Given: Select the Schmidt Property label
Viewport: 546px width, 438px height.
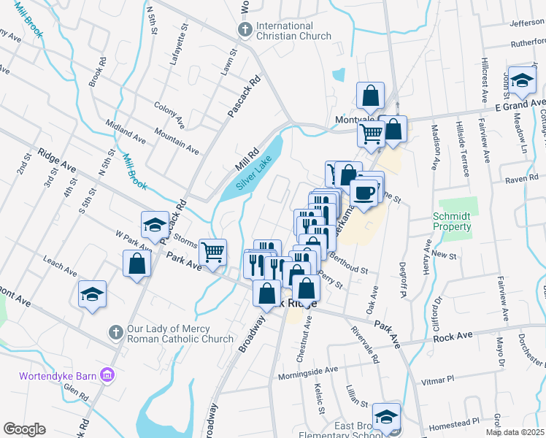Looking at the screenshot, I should click(x=452, y=221).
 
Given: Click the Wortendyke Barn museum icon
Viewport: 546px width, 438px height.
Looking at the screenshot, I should click(x=108, y=375).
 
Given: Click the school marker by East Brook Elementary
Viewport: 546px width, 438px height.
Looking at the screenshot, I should click(x=386, y=416).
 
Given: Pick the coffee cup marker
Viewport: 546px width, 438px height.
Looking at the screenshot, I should click(x=364, y=193).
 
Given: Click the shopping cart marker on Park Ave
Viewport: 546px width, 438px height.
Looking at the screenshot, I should click(x=212, y=253).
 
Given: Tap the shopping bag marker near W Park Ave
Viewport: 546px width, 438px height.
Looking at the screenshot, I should click(x=136, y=264).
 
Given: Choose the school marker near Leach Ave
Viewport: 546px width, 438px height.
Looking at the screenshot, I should click(x=92, y=294).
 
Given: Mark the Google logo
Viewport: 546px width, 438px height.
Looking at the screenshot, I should click(x=24, y=429).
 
